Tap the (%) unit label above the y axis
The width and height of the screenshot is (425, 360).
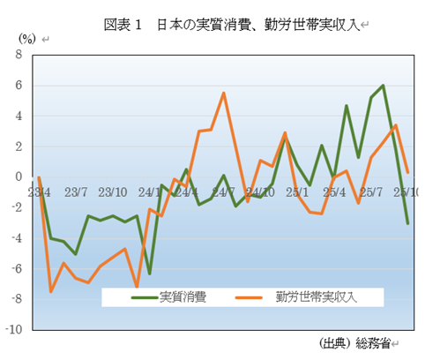pyautogui.click(x=27, y=38)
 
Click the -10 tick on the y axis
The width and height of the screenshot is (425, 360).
pyautogui.click(x=13, y=330)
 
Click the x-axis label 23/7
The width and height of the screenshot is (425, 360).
pyautogui.click(x=76, y=191)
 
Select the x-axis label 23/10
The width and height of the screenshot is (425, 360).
pyautogui.click(x=113, y=191)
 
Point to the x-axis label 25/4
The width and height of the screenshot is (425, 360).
pyautogui.click(x=334, y=191)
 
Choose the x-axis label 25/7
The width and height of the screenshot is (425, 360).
pyautogui.click(x=371, y=191)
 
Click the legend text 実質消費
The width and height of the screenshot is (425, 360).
pyautogui.click(x=183, y=297)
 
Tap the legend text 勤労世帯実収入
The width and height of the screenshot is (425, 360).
pyautogui.click(x=315, y=297)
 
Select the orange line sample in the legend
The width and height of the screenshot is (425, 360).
pyautogui.click(x=256, y=298)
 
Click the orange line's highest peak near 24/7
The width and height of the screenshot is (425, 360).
pyautogui.click(x=224, y=93)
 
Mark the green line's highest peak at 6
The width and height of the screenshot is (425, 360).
pyautogui.click(x=384, y=86)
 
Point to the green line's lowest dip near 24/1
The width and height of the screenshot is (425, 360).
pyautogui.click(x=150, y=274)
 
